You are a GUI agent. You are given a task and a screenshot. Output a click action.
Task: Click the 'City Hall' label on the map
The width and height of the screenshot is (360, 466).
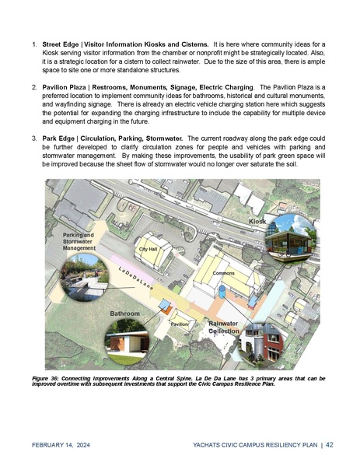[x=149, y=249]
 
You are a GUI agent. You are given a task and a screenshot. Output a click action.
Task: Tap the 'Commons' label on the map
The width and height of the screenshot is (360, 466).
[x=224, y=274]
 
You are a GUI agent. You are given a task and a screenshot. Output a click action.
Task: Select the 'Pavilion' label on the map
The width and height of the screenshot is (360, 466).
[x=180, y=324]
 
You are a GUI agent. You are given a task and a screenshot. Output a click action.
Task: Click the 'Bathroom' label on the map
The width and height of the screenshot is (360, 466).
[x=124, y=313]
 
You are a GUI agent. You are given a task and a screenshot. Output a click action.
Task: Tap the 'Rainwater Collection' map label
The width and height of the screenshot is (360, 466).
[x=223, y=327]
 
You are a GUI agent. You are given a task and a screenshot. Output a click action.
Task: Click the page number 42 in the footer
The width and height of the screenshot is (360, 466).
[x=330, y=445]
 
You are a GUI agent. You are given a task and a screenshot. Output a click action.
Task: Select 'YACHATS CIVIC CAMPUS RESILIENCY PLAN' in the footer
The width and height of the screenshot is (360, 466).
[x=254, y=446]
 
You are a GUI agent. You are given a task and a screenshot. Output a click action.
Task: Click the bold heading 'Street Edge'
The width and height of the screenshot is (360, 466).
[x=63, y=34]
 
